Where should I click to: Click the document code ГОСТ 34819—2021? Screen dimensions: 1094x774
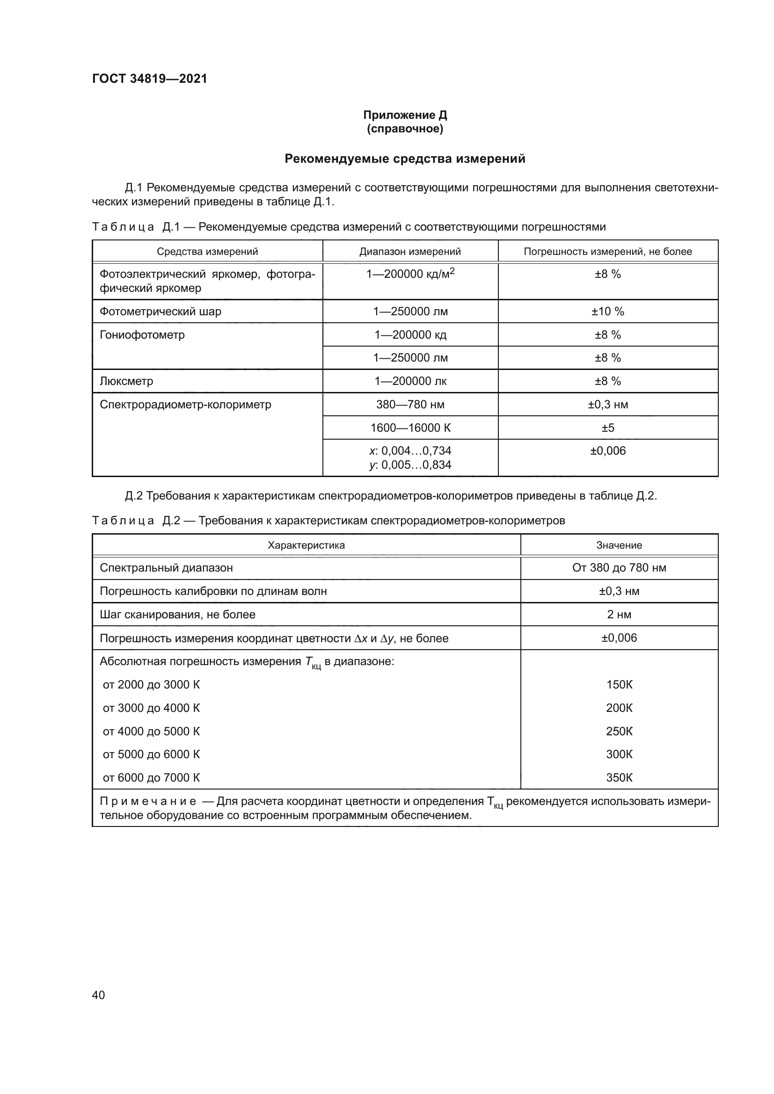[x=150, y=79]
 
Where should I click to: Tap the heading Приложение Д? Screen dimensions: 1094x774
[x=405, y=115]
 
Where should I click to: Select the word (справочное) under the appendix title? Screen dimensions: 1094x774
[x=405, y=129]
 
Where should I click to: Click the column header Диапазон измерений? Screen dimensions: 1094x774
[x=410, y=252]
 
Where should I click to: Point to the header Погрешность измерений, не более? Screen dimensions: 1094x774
[x=608, y=252]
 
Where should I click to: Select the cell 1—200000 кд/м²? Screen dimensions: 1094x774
[x=410, y=274]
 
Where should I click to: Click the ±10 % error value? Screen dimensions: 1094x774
[x=608, y=312]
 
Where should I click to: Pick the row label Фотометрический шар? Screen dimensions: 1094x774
[x=160, y=312]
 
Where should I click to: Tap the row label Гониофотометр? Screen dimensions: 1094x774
[x=142, y=335]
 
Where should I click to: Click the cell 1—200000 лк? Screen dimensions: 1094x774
[x=410, y=381]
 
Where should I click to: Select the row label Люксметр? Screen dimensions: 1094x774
[x=126, y=381]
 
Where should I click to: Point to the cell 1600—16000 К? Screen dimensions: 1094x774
[x=410, y=428]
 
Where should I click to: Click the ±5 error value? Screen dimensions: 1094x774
[x=608, y=428]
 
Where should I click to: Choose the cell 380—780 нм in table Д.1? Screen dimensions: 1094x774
[x=410, y=405]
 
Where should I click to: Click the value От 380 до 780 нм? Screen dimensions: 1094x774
[x=619, y=568]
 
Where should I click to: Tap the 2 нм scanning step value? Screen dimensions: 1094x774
[x=619, y=615]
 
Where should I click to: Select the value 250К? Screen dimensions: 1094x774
[x=619, y=732]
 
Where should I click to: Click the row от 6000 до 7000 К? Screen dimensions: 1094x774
[x=151, y=778]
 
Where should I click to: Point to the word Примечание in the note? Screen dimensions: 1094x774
[x=148, y=802]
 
